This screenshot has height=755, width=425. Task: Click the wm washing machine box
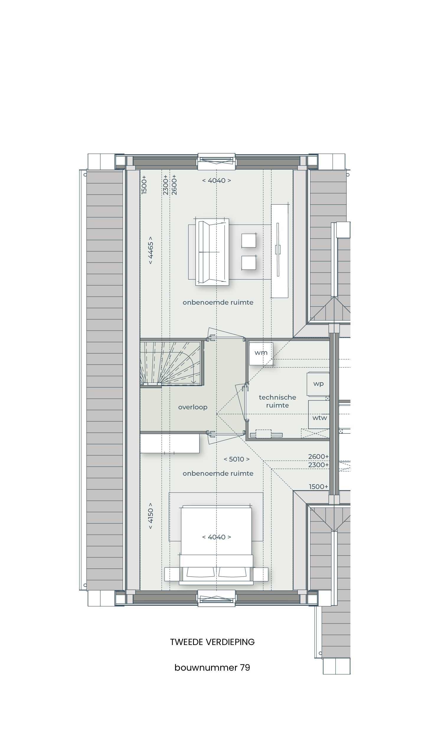(x=261, y=353)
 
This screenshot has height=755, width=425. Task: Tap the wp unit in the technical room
(x=318, y=384)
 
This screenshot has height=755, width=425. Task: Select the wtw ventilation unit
(x=319, y=418)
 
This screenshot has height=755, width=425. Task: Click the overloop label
(x=193, y=407)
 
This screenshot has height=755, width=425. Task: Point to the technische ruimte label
(x=277, y=401)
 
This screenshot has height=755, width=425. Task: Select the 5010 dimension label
(x=237, y=459)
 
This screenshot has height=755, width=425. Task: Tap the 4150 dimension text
(x=151, y=516)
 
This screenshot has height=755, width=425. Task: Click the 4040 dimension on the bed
(x=217, y=537)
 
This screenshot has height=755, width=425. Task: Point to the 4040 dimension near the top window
(x=217, y=180)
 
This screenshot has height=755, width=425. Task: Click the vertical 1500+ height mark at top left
(x=144, y=185)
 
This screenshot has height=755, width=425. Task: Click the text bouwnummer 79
(x=212, y=667)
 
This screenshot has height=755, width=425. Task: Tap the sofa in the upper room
(x=212, y=252)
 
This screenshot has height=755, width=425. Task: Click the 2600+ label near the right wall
(x=318, y=457)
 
